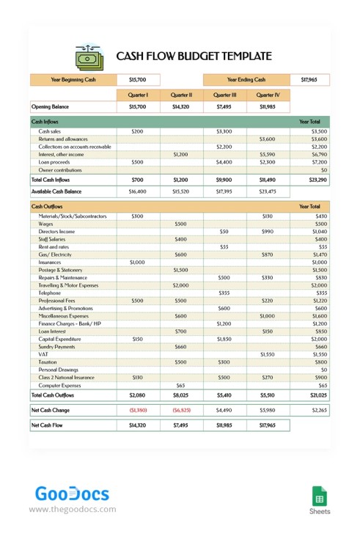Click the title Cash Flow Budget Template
point(194,56)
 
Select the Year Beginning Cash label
point(73,79)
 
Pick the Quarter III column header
point(224,95)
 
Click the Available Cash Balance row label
point(57,191)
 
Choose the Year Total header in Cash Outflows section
point(309,207)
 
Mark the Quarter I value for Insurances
point(137,262)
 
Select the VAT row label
point(44,354)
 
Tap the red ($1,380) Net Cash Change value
point(138,410)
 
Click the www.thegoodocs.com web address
point(73,509)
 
